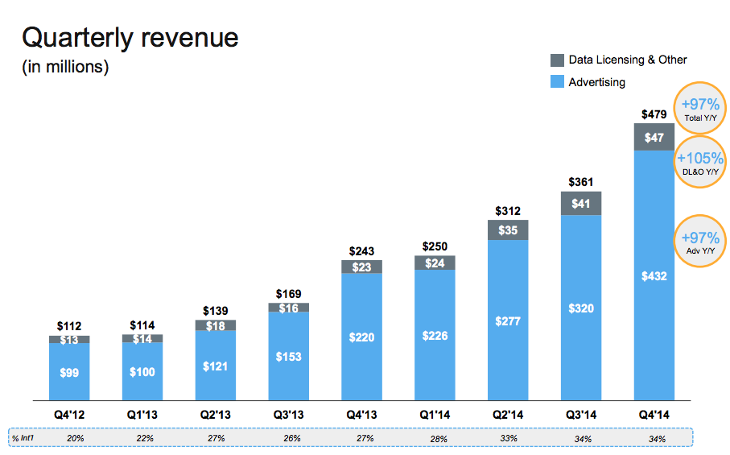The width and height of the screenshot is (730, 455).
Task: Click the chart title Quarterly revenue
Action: coord(130,37)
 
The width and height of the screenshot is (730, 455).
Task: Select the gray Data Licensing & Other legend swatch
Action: coord(557,60)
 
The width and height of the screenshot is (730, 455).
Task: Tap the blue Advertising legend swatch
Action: coord(557,82)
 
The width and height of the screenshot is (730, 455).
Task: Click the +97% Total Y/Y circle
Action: coord(699,109)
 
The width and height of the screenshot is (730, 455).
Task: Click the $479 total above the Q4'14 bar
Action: coord(654,114)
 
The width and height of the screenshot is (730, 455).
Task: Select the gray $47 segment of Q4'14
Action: coord(654,138)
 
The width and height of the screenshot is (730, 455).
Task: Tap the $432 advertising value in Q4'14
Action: coord(654,276)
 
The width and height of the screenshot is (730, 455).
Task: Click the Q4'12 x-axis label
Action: coord(69,414)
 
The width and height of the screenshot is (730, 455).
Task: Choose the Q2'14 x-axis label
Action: coord(508,414)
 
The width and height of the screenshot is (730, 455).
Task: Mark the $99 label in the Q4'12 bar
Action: coord(69,372)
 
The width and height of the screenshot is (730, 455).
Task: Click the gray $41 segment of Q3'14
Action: coord(580,204)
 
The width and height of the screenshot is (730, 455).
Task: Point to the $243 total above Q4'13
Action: coord(361,251)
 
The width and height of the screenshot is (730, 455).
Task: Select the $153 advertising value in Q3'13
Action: coord(288,357)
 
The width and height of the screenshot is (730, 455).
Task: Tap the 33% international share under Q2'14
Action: coord(508,438)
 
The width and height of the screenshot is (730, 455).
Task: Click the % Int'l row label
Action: coord(26,438)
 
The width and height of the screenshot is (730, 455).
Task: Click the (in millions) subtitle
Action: coord(65,67)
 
